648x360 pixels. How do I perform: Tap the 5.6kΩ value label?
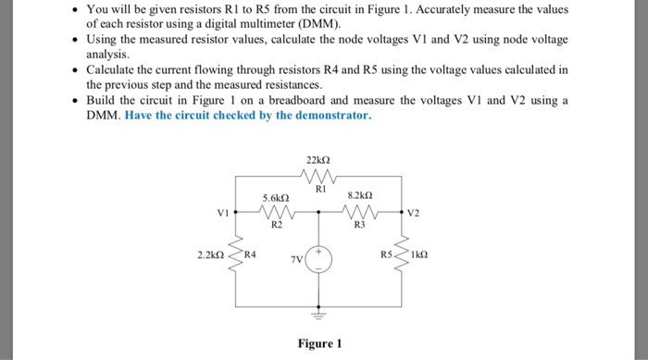click(277, 198)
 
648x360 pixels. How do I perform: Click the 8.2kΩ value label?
click(360, 196)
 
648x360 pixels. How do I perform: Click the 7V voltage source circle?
click(318, 259)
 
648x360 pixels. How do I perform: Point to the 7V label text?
click(296, 262)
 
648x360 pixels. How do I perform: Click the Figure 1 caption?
click(319, 343)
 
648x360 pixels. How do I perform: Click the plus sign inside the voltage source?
click(318, 251)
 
